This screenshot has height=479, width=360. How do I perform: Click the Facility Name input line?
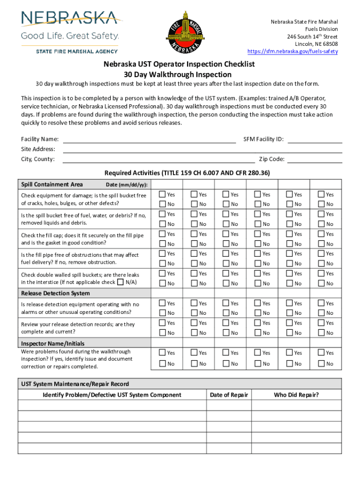coord(149,139)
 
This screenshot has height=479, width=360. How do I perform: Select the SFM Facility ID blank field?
coord(314,139)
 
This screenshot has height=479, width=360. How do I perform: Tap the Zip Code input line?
coord(314,160)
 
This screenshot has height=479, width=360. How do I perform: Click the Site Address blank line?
coord(202,150)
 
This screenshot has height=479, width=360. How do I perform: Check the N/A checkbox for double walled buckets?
coord(121,282)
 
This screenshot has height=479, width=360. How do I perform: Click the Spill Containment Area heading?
coord(52,184)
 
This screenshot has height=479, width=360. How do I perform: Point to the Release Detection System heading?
coord(55,293)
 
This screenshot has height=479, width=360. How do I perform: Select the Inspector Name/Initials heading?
coord(53,344)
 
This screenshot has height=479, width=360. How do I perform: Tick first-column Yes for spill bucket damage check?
coord(162,194)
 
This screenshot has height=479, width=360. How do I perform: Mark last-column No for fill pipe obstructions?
coord(321,263)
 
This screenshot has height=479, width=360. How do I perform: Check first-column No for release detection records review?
coord(162,333)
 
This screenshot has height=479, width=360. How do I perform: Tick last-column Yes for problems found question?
coord(321,352)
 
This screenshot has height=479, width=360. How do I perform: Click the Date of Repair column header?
coord(229,395)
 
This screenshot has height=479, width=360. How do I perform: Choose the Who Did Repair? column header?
coord(296,395)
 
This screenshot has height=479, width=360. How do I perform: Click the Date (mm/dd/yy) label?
coord(127,185)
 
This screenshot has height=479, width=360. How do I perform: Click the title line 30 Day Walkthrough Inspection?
coord(177,74)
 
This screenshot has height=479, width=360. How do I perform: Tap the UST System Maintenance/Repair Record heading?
coord(75,384)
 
